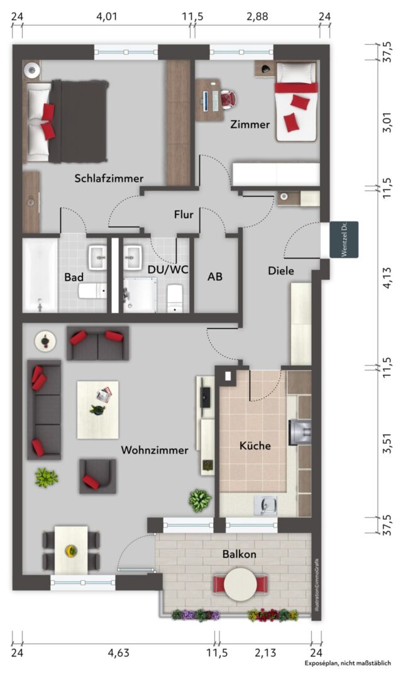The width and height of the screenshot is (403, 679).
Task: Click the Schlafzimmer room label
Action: (109, 179)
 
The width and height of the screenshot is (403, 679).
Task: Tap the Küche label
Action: (255, 446)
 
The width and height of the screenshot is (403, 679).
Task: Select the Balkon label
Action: (240, 554)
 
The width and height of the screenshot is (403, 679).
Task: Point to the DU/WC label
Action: (168, 270)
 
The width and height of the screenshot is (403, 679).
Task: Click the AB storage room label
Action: (215, 276)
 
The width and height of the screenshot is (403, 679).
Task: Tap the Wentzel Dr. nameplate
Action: (344, 240)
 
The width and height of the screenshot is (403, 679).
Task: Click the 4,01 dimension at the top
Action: (106, 17)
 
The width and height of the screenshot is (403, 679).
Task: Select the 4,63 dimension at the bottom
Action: (119, 653)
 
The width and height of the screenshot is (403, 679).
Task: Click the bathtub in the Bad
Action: (40, 275)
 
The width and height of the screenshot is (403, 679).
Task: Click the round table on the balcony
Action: (240, 584)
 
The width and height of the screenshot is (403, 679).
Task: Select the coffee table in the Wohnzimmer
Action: (98, 410)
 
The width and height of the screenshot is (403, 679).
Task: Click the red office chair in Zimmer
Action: (228, 99)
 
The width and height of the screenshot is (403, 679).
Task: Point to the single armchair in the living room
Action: (97, 477)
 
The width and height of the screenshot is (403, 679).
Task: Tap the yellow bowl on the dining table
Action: (70, 551)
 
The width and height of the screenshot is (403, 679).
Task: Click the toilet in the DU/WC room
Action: (175, 298)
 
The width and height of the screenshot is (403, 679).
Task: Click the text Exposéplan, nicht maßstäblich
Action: (348, 663)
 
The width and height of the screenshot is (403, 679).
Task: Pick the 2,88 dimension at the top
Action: (258, 17)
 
